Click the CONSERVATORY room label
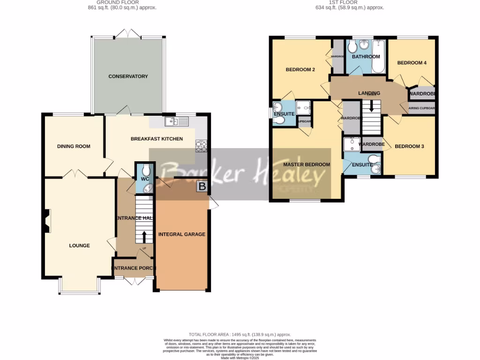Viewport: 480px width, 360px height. point(128,76)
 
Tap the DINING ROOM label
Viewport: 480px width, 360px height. point(74,146)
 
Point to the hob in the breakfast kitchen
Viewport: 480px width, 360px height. point(202,146)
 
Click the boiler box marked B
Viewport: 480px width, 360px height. point(202,187)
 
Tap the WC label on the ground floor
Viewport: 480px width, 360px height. point(144,178)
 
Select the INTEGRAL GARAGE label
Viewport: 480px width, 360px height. point(182,234)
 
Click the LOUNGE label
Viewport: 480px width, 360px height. point(79,246)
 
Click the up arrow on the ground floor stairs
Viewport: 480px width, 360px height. point(144,235)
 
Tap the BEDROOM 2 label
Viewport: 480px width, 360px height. point(300,70)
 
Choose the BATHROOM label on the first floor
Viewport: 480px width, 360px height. point(366,57)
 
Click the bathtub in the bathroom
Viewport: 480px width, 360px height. point(378,56)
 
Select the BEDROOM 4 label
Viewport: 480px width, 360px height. point(412,63)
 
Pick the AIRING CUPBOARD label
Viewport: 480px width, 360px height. point(422,108)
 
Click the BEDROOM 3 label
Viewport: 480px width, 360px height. point(409,146)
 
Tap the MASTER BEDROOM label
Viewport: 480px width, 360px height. point(307,165)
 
